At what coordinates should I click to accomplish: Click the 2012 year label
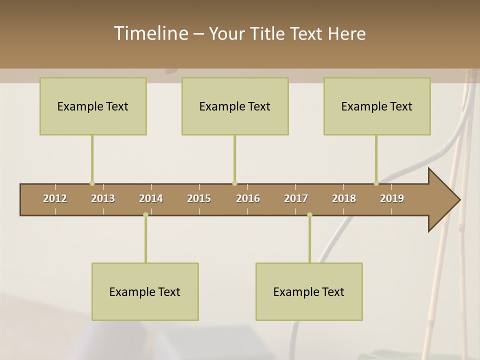click(55, 198)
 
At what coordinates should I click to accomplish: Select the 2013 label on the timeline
click(103, 198)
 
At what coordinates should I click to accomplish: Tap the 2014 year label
click(151, 198)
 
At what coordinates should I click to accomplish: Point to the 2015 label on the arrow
click(199, 198)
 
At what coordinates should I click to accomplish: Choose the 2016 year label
click(248, 198)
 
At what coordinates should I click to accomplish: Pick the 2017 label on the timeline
click(296, 198)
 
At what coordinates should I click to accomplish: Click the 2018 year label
click(344, 198)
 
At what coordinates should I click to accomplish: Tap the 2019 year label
click(392, 198)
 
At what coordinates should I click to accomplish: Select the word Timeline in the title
click(150, 33)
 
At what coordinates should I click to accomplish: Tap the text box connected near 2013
click(93, 106)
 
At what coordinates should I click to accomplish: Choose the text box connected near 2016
click(235, 106)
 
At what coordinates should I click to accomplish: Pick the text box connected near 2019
click(377, 106)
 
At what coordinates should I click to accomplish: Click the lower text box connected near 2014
click(145, 291)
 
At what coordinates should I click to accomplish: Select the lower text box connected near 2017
click(309, 291)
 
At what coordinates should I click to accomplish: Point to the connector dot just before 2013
click(92, 183)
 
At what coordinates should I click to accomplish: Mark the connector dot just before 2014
click(145, 215)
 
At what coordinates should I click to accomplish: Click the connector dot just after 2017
click(309, 215)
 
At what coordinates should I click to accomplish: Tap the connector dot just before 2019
click(376, 183)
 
